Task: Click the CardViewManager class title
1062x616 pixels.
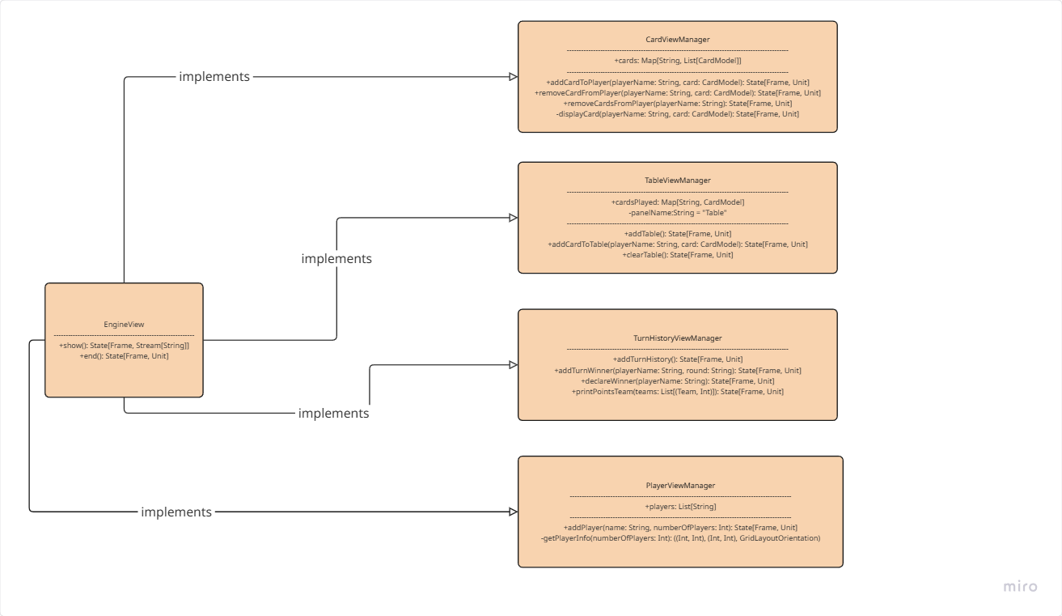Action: [677, 39]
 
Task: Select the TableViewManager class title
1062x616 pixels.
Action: [677, 181]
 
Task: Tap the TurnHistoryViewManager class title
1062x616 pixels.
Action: [677, 338]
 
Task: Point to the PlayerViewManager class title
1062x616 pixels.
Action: [680, 486]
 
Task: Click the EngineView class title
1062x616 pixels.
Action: [124, 325]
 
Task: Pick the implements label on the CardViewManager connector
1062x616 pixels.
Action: [214, 77]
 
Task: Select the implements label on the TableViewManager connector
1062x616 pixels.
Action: [336, 259]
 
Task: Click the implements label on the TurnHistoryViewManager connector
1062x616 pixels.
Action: [333, 414]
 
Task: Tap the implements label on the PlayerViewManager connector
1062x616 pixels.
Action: [176, 512]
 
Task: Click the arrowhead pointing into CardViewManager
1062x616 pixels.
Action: [513, 77]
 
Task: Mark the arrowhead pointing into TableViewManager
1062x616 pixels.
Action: [513, 218]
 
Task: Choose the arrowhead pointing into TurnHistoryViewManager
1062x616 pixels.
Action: [513, 365]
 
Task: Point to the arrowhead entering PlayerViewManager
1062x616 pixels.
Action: [513, 512]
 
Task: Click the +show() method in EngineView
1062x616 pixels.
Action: [124, 346]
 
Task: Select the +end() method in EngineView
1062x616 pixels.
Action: [124, 356]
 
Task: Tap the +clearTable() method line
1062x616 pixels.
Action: [678, 255]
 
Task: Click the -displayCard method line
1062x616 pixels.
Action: [678, 114]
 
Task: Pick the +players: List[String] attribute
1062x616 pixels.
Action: [680, 507]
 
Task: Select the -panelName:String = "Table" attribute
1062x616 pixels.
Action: [678, 213]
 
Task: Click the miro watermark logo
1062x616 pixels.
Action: [1020, 587]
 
